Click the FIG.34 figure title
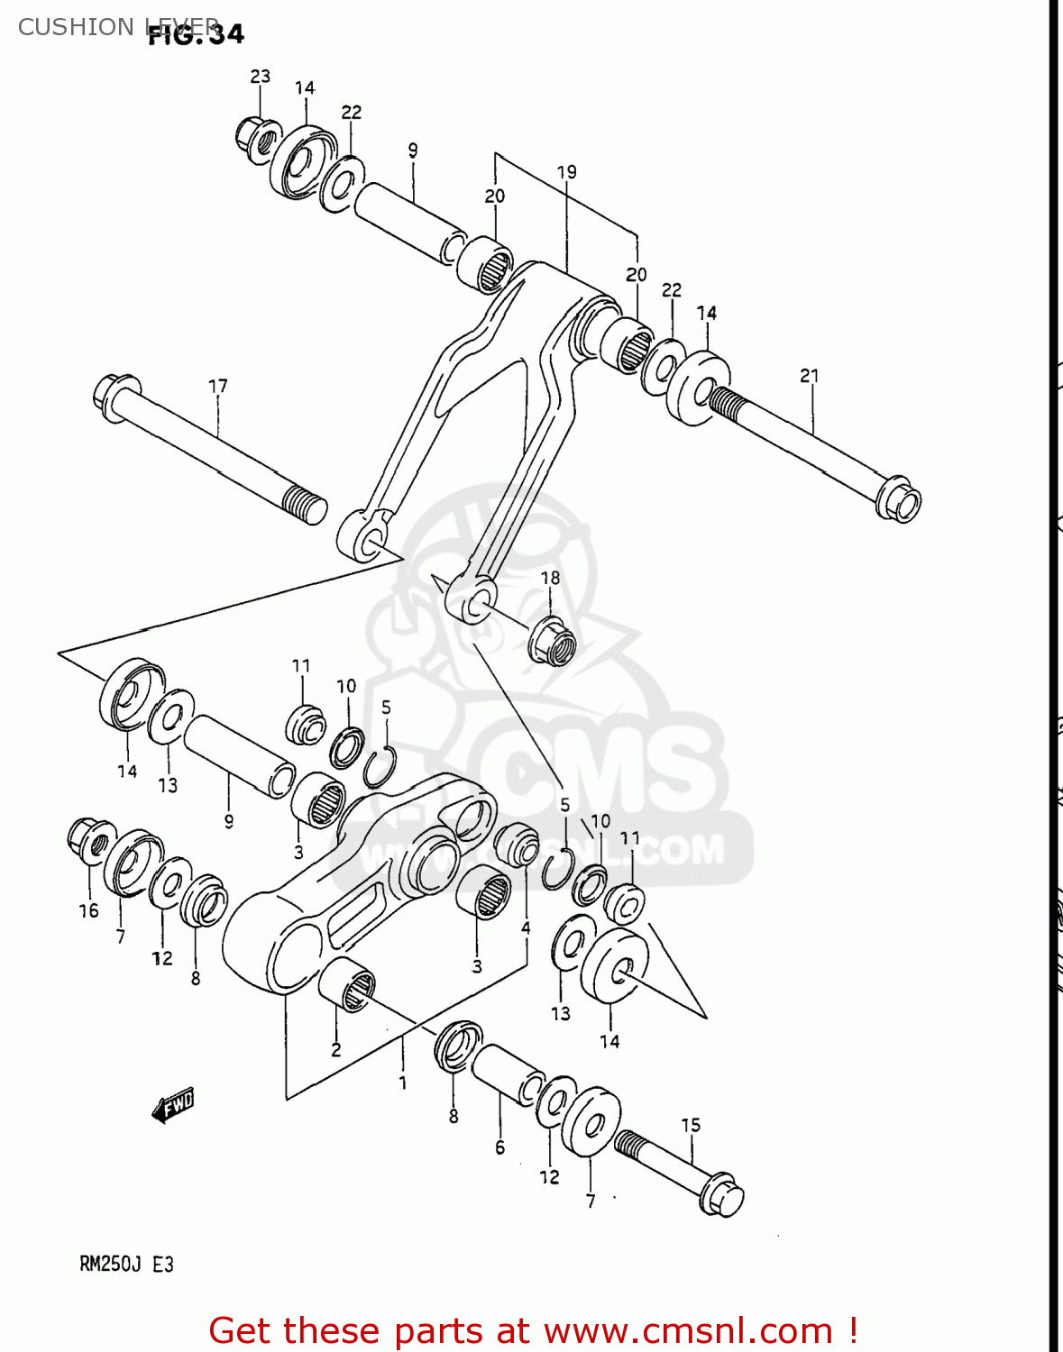[196, 34]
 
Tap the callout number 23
[260, 77]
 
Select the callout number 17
[218, 387]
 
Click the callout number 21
[810, 376]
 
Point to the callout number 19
[566, 172]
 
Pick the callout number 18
[550, 578]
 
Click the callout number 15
[691, 1125]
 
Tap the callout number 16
[88, 911]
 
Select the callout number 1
[402, 1083]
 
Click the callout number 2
[335, 1050]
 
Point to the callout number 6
[499, 1147]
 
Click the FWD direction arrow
[173, 1105]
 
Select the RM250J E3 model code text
[126, 1265]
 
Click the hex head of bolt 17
[112, 397]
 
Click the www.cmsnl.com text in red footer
[688, 1330]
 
